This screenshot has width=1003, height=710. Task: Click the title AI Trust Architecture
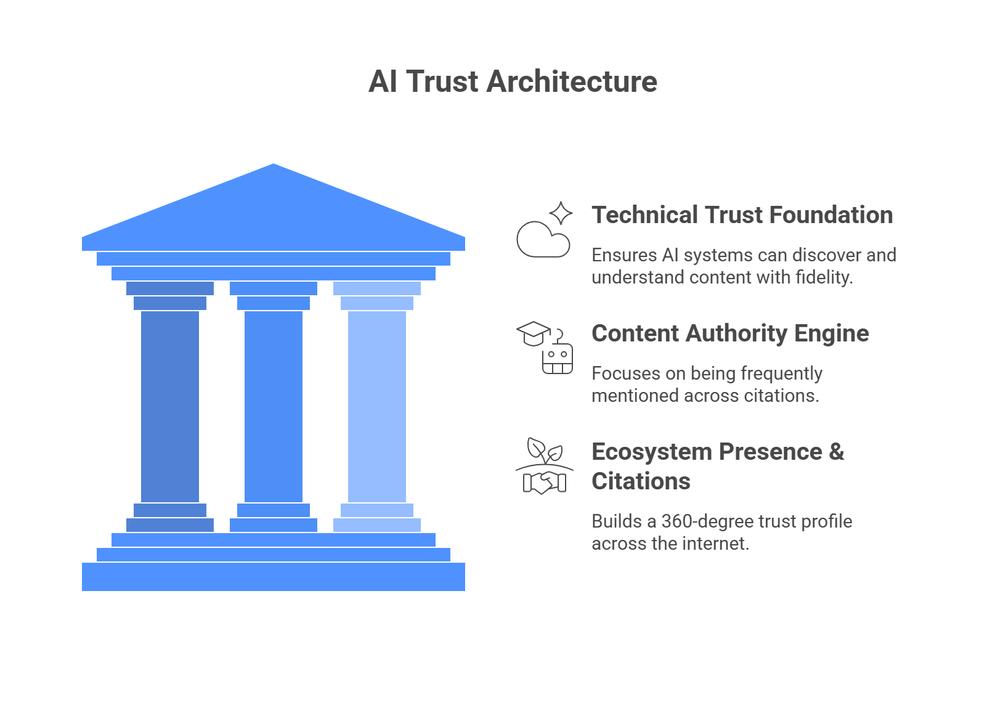[x=513, y=82]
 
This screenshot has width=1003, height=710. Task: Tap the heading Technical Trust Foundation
[x=742, y=215]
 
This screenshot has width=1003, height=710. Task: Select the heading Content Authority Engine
[x=730, y=333]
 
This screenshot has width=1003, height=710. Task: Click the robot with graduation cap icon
[x=545, y=348]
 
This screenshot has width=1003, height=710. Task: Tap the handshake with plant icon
[x=545, y=467]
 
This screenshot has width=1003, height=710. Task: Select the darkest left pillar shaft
[x=170, y=407]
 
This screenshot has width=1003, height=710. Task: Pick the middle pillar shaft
[x=274, y=407]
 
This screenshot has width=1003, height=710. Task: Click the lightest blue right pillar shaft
[x=377, y=407]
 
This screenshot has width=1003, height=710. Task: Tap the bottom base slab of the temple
[x=274, y=577]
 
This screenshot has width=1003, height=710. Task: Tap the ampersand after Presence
[x=836, y=452]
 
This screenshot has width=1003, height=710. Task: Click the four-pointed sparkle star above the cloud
[x=561, y=213]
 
